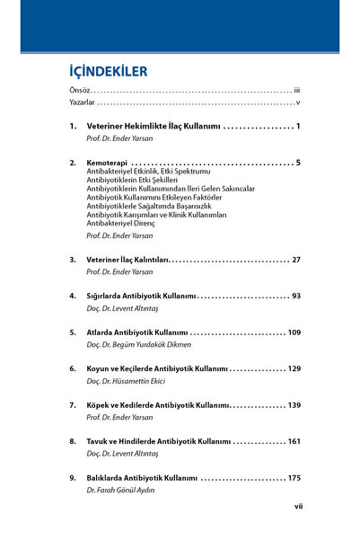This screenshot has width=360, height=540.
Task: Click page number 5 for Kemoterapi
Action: [296, 163]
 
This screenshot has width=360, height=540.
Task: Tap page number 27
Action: [294, 260]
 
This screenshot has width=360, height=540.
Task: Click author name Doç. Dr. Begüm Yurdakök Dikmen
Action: [144, 344]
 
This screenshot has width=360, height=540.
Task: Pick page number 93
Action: [294, 296]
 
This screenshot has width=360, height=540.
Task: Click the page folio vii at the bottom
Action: [299, 507]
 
